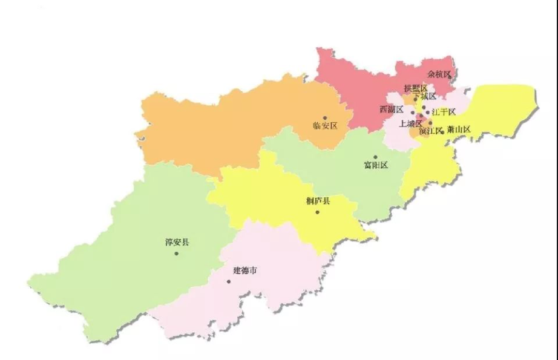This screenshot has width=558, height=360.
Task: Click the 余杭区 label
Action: pos(439,74)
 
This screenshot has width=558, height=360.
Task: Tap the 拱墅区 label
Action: pos(415,88)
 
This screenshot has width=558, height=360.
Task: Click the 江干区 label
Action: pos(444,112)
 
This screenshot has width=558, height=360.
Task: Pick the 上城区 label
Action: pos(410,123)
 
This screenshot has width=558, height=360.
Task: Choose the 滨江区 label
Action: pos(431,131)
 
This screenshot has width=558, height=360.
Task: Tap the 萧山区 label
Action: pos(459,129)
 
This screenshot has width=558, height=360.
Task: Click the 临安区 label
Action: pos(324,126)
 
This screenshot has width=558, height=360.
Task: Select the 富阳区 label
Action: pos(375,165)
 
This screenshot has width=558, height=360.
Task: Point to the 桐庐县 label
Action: pos(318,201)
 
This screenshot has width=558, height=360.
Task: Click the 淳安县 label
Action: pos(177,243)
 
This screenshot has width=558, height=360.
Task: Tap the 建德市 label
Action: pos(245,270)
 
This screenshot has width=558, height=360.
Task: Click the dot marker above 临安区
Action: pos(324,118)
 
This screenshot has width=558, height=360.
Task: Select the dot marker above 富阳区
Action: pos(375,157)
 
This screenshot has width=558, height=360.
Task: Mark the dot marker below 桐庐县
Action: pos(317,212)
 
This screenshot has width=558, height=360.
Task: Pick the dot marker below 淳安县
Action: pos(177,253)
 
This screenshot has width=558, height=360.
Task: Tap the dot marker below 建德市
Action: pos(229,281)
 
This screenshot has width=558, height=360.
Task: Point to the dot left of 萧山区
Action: pos(443,132)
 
